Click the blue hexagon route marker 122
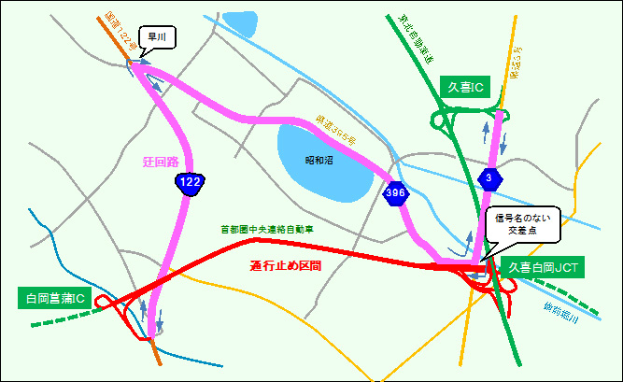pos(190,185)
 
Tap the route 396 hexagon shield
pos(394,193)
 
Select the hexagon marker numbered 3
pos(488,177)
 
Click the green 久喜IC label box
pos(463,86)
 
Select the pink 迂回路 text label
pos(160,162)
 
